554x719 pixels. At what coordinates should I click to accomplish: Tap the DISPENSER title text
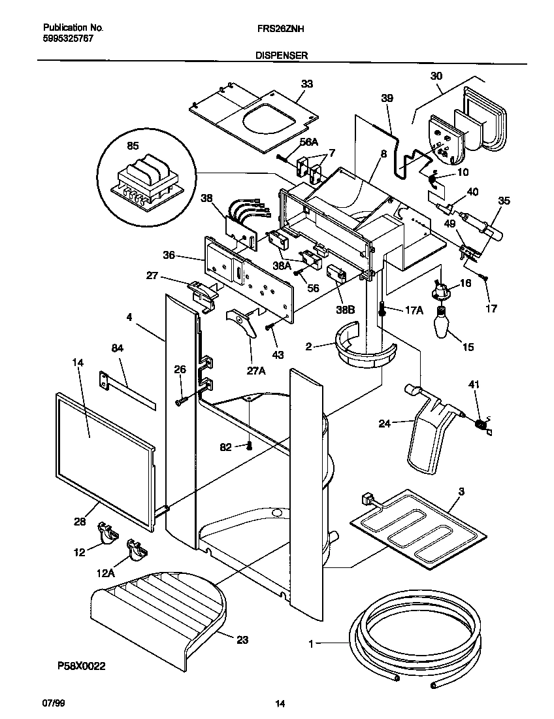(x=282, y=56)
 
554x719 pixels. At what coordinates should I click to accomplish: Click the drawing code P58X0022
(x=80, y=666)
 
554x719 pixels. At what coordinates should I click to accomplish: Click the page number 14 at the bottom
(x=280, y=704)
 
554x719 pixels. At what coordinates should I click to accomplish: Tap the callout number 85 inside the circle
(x=133, y=146)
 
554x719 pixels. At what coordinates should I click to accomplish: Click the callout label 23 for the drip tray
(x=242, y=640)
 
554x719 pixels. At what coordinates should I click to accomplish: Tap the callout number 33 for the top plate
(x=306, y=84)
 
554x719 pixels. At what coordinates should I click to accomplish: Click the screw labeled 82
(x=249, y=446)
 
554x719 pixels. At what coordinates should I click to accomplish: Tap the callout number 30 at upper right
(x=436, y=76)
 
